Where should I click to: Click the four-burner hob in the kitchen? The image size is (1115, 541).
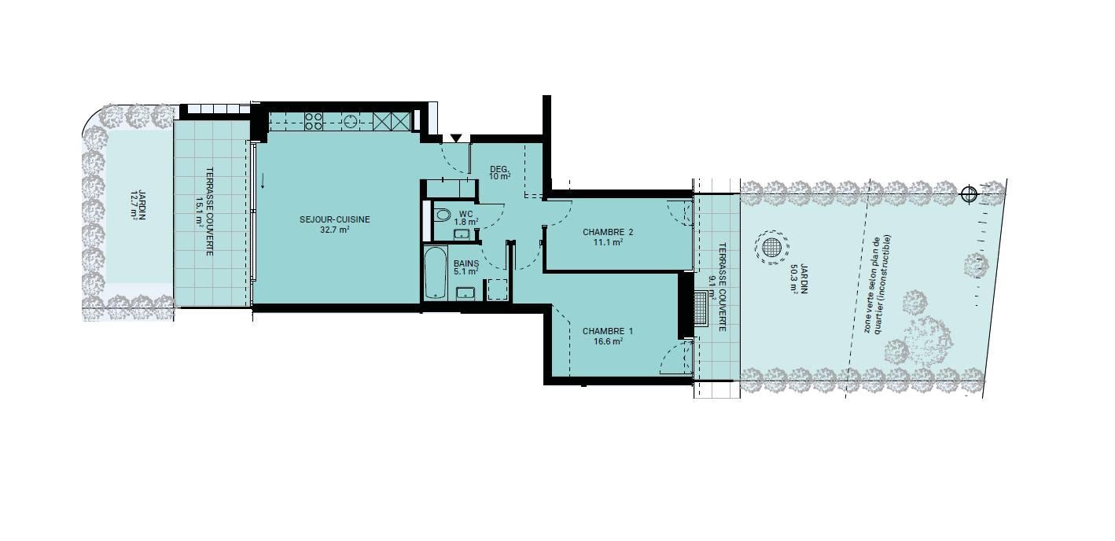(x=314, y=121)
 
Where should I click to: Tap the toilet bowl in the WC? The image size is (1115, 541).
(x=442, y=215)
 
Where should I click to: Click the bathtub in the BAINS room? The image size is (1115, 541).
(x=436, y=273)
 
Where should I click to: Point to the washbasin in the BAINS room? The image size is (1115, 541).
(x=466, y=293)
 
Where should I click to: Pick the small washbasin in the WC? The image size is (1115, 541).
(x=462, y=234)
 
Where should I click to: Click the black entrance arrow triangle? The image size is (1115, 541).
(x=456, y=138)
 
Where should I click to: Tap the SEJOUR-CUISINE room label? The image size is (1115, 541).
(x=334, y=219)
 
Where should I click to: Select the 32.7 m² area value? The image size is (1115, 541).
(x=334, y=230)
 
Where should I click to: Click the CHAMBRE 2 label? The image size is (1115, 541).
(x=608, y=232)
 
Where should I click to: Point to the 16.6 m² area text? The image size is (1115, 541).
(x=608, y=341)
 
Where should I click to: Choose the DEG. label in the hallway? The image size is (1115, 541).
(x=499, y=169)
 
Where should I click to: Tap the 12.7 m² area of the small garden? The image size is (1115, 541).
(x=134, y=204)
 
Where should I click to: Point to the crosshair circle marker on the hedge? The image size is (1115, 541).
(x=969, y=194)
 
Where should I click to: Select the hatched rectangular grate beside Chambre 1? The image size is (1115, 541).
(x=701, y=308)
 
